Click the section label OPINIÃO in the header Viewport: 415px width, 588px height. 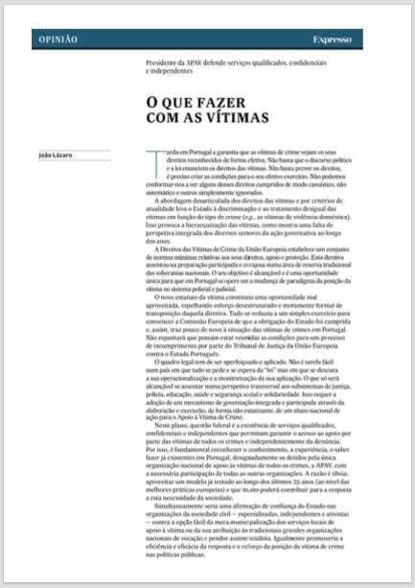click(59, 38)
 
